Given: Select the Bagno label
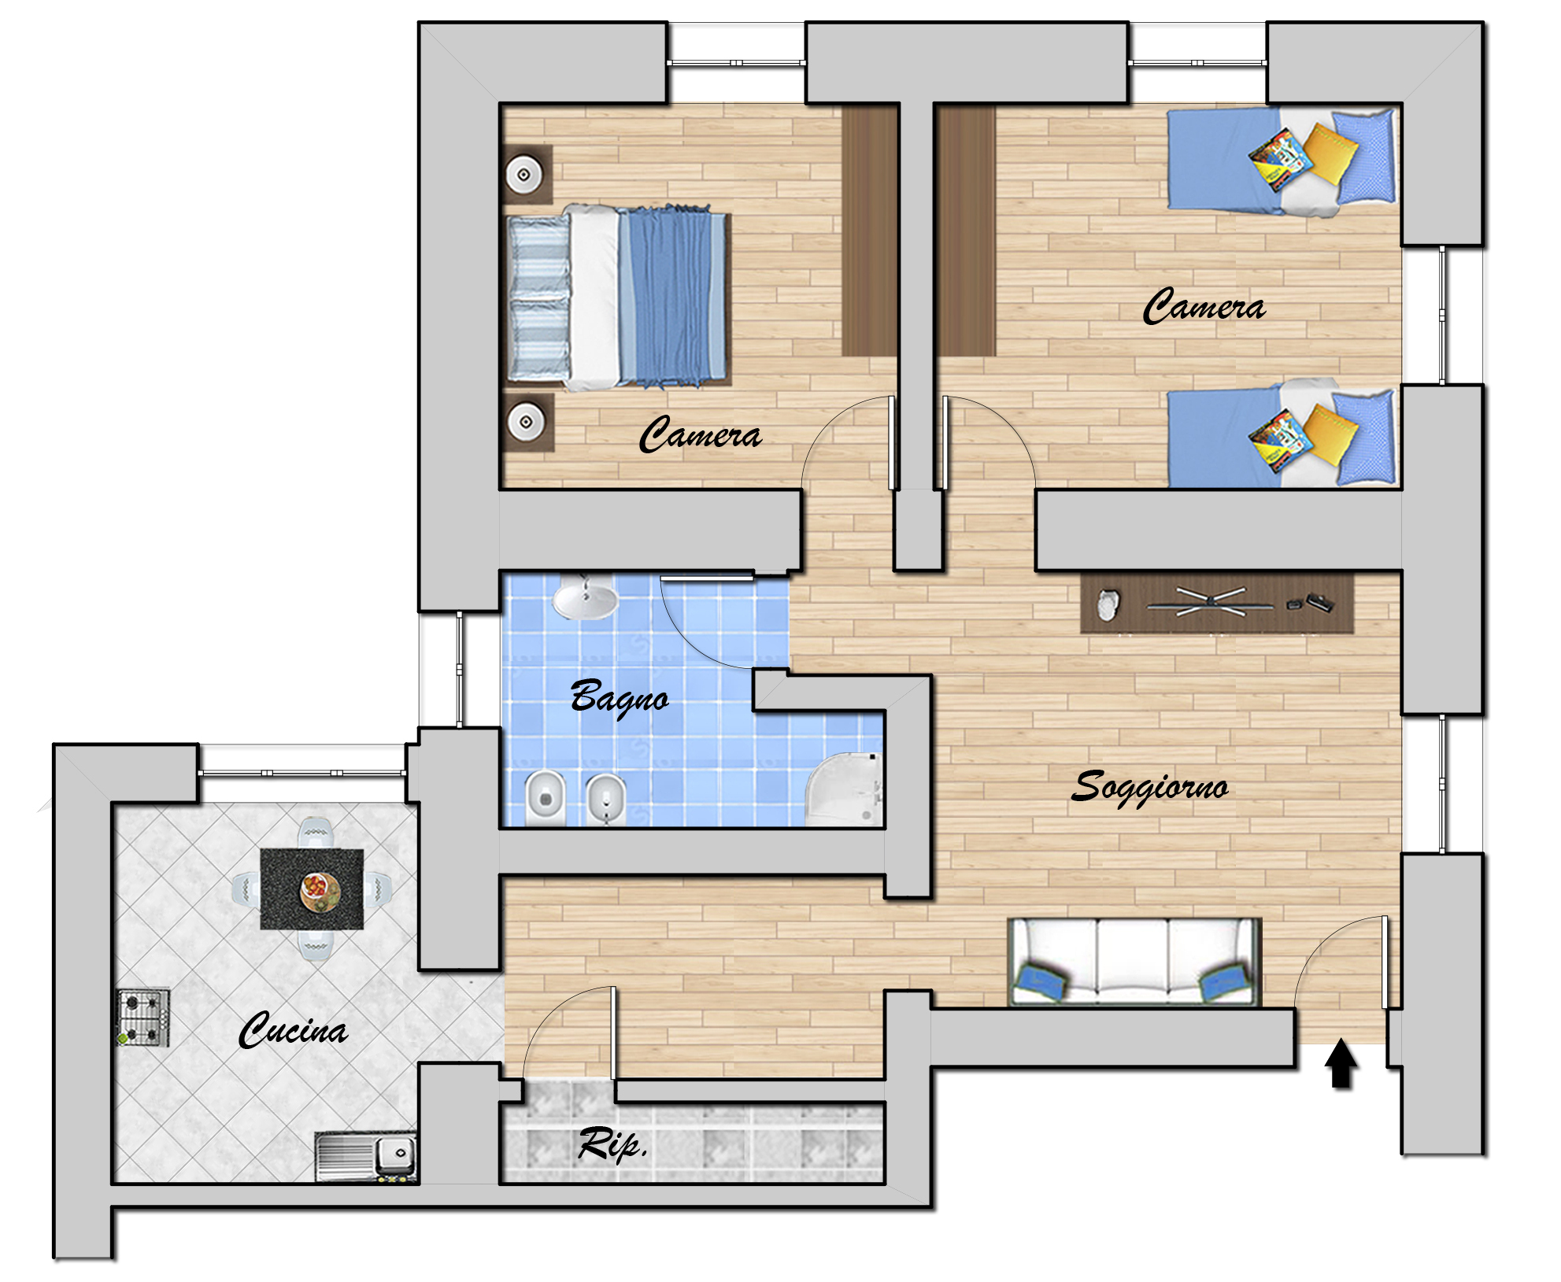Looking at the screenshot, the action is pos(620,697).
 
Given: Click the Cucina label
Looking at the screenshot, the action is pos(293,1030).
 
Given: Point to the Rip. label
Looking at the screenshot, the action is pos(612,1144).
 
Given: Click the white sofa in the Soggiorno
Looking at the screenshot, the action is pos(1134,962).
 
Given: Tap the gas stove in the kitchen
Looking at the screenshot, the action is pos(143,1017).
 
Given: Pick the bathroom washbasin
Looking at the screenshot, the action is pos(585,599).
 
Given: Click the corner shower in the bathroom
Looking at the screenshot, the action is pos(844,789).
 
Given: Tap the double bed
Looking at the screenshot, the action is pos(618,298).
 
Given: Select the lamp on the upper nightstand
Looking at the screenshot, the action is pos(523,174).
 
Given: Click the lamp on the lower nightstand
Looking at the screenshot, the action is pos(525,422).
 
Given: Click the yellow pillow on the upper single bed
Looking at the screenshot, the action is pos(1330,153).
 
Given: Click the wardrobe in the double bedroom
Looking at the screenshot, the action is pos(870,230).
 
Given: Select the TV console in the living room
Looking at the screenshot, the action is pos(1216,604).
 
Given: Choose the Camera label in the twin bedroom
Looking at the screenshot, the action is pos(1204,305).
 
